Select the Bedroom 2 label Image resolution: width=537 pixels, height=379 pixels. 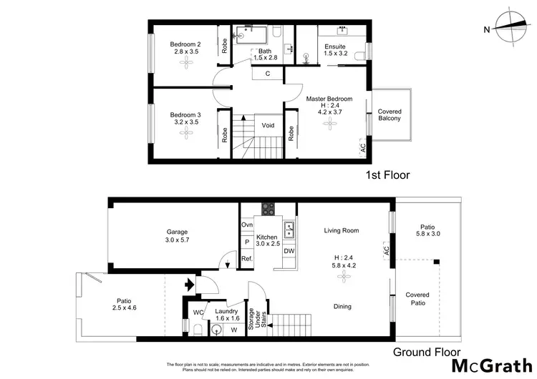pos(185,43)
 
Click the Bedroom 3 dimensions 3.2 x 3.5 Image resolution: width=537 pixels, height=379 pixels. pos(185,122)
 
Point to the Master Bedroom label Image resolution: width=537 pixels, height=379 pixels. pos(329,98)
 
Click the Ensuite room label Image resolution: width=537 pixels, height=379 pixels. pos(334,46)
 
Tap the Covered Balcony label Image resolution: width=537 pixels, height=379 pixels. pos(390,115)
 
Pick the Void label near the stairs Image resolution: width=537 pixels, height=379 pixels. pos(268,125)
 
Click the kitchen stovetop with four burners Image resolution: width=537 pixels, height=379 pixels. pos(268,210)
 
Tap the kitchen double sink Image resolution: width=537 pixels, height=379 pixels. pos(291,230)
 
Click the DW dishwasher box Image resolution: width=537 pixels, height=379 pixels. pos(289,251)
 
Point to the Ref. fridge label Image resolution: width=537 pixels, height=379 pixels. pos(246,258)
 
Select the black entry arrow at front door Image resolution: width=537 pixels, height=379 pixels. pos(190,285)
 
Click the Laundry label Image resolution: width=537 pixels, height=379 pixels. pos(226,311)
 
